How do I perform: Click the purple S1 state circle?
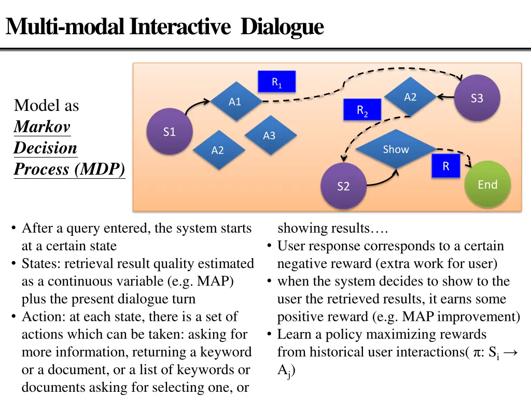click(170, 132)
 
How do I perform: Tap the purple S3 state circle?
click(477, 98)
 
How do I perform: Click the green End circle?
click(487, 184)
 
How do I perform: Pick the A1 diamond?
click(235, 102)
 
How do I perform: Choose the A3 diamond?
click(269, 135)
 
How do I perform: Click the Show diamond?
click(396, 149)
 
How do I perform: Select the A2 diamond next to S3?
click(410, 97)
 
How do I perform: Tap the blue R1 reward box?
click(277, 81)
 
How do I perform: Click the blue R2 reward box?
click(362, 109)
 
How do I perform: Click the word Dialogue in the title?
click(282, 26)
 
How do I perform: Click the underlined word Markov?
click(42, 126)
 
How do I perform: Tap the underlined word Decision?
click(45, 148)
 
